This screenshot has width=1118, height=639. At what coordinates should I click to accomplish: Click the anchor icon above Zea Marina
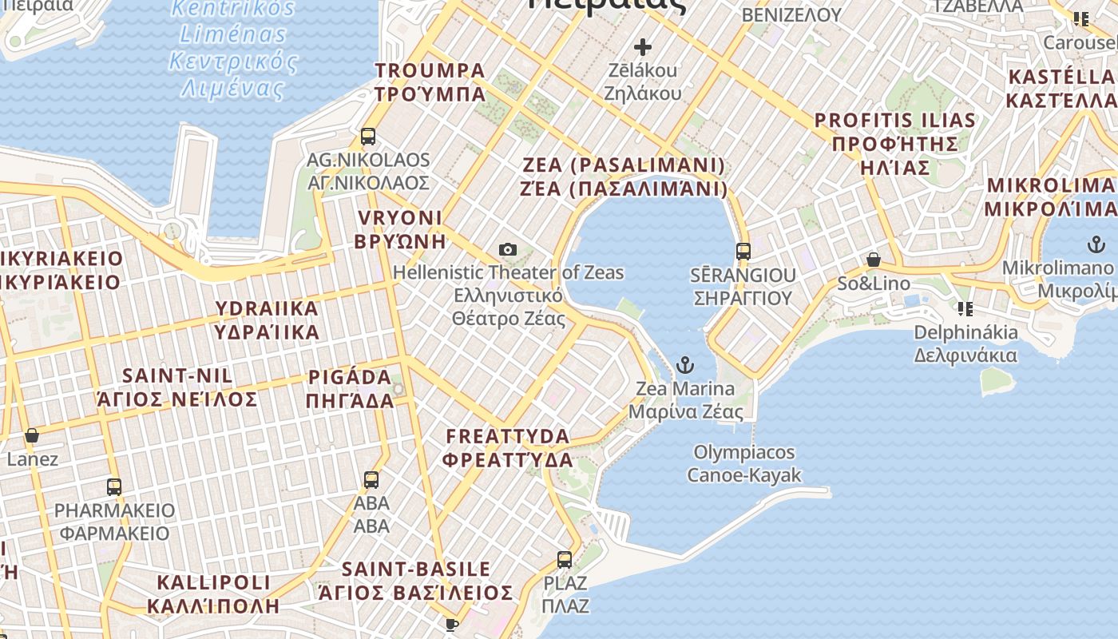point(684,366)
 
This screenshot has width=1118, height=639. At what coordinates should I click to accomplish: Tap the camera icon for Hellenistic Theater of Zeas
point(507,250)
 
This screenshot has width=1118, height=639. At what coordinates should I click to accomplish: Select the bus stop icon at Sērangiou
point(743,252)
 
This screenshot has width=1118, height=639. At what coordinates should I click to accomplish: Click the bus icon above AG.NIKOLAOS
point(368,137)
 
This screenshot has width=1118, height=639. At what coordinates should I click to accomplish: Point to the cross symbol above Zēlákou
point(642,47)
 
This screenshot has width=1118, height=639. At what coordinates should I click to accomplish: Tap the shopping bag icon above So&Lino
point(874,260)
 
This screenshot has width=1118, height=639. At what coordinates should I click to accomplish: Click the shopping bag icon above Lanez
point(32,436)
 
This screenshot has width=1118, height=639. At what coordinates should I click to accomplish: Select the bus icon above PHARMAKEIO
point(114,486)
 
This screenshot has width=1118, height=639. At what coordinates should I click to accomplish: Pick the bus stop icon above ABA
point(371,480)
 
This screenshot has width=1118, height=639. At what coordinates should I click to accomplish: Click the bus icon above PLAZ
point(565,559)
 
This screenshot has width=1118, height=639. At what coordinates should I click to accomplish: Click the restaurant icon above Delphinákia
point(965,309)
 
